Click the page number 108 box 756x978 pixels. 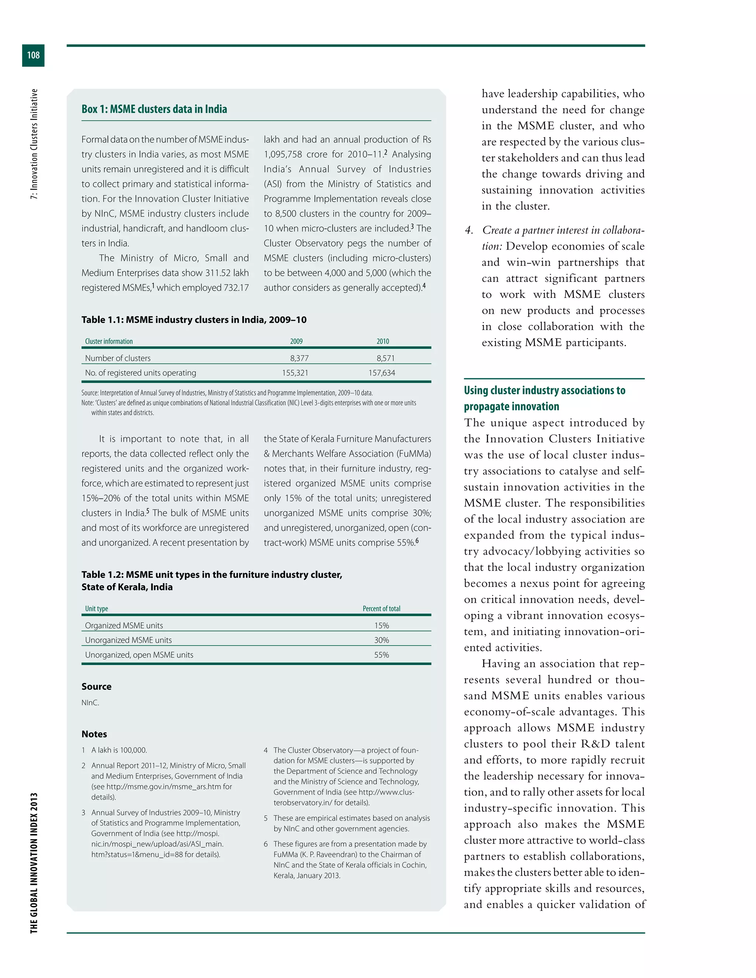[33, 55]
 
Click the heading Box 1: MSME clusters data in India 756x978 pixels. [154, 109]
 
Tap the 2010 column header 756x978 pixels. [382, 341]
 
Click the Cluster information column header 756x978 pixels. [109, 341]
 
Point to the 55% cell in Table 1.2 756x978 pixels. [382, 655]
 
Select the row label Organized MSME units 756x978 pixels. [124, 626]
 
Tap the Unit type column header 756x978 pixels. [96, 609]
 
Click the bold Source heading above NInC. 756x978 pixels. [96, 686]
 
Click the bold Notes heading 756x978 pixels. [94, 734]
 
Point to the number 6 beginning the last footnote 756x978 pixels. [265, 844]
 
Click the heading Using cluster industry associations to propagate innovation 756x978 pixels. [544, 398]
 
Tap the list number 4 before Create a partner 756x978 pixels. [469, 230]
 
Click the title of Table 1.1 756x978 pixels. [194, 320]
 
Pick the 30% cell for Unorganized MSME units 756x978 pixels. [382, 640]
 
